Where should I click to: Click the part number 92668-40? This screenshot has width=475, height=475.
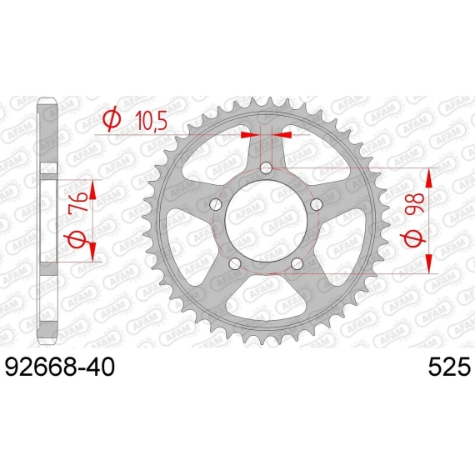[x=60, y=367]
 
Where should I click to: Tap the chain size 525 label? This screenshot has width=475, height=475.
[x=449, y=367]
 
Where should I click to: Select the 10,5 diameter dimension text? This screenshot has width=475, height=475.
[x=151, y=120]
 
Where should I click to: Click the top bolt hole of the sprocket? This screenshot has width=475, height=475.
[x=266, y=167]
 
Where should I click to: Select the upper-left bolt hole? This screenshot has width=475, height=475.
[x=216, y=205]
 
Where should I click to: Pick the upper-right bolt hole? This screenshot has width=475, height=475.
[x=317, y=205]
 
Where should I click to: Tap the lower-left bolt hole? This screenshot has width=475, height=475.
[x=235, y=263]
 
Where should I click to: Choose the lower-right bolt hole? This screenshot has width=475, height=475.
[x=297, y=263]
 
